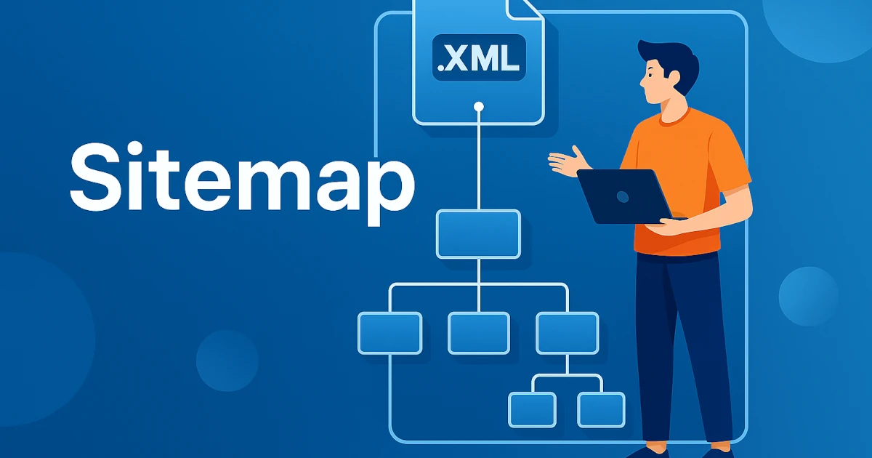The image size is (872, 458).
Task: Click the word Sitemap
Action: coord(242,183)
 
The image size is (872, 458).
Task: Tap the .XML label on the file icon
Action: coord(479,57)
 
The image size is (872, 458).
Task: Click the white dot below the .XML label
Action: coord(479,106)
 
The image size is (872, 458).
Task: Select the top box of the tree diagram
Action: coord(478,234)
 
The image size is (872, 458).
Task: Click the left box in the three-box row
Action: coord(389,333)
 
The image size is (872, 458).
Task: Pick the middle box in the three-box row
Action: coord(479,333)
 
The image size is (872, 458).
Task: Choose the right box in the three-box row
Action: coord(568,333)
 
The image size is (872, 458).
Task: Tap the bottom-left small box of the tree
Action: coord(532,410)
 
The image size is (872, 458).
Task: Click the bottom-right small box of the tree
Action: coord(602,410)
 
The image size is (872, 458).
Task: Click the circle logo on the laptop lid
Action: coord(623,197)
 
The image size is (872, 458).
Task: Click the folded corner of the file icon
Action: coord(524,9)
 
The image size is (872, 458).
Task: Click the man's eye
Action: coord(649,75)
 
